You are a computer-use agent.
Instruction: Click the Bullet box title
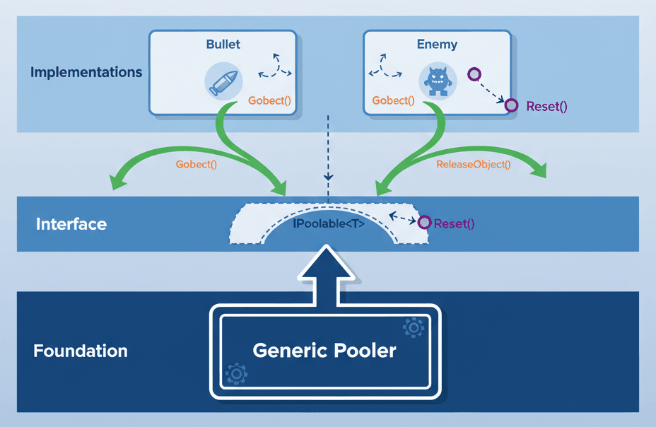coord(223,44)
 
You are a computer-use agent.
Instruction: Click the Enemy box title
coord(437,44)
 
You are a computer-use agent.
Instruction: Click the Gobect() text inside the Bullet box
coord(269,100)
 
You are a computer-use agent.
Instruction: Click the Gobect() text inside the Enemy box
coord(393,100)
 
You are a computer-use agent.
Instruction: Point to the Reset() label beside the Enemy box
coord(547,107)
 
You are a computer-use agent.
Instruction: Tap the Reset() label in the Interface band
coord(454,223)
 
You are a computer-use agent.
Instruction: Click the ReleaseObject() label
coord(473,164)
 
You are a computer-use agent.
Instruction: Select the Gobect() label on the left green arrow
coord(196,164)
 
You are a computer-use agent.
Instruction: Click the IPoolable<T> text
coord(328,224)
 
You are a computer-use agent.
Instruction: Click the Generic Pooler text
coord(324,351)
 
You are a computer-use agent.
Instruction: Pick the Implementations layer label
coord(86,72)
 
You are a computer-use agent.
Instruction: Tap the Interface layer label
coord(71,225)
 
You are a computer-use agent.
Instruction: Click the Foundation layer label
coord(81,351)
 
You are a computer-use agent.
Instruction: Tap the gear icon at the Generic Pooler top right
coord(413,327)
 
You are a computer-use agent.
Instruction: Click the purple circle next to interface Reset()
coord(424,223)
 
